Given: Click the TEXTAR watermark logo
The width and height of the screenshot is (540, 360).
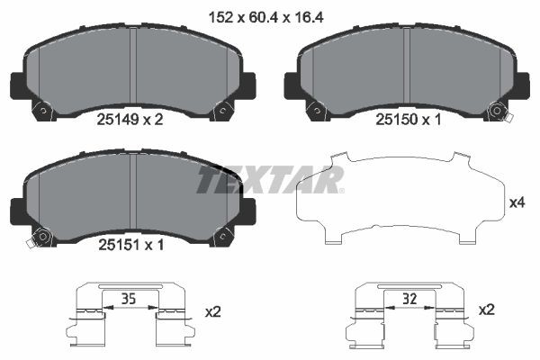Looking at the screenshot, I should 271,180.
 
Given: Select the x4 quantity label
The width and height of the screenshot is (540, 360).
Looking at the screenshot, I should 517,203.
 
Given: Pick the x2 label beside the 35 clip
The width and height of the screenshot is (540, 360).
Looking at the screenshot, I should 213,311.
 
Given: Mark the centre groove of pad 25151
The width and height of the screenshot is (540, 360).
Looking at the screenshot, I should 132,198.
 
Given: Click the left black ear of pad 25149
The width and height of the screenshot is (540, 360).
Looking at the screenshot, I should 17,85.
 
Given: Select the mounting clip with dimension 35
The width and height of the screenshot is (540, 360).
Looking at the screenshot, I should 132,319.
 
